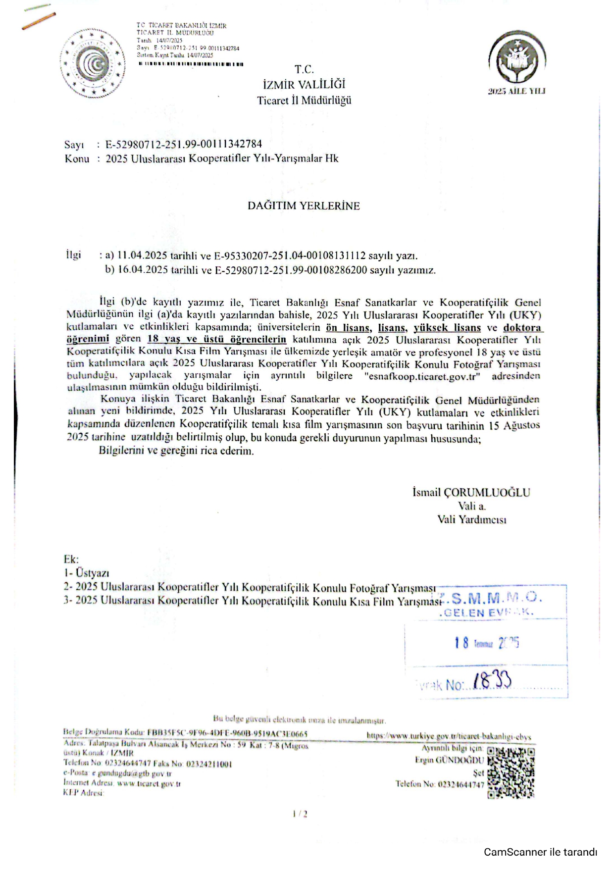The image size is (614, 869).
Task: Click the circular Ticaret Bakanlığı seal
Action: pos(93,63)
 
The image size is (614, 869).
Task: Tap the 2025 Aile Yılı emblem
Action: pos(516,58)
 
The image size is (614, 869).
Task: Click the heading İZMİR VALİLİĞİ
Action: pos(304,84)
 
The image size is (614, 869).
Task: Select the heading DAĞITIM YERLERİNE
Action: pos(304,206)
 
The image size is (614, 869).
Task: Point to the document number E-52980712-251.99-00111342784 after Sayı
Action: pos(184,144)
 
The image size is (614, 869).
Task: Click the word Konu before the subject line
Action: pos(77,159)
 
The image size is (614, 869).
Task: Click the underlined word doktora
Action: pos(522,328)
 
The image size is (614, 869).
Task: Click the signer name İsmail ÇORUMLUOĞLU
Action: pos(471,492)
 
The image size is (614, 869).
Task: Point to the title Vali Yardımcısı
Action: pos(471,519)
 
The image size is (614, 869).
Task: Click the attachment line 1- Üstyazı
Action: pos(86,573)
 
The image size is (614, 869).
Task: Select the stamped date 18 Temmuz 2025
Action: pos(486,643)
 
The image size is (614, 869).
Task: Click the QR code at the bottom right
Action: pos(511,772)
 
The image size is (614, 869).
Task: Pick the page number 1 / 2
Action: pos(300,814)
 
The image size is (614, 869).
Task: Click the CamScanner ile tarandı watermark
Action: pos(540,852)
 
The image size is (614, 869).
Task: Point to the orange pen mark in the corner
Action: pos(39,20)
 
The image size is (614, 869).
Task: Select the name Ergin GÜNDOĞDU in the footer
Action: pos(449,760)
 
